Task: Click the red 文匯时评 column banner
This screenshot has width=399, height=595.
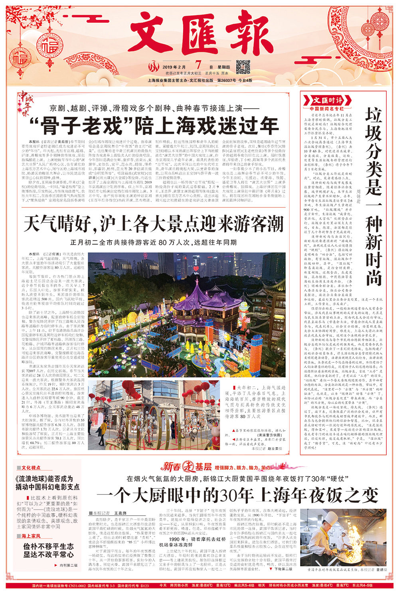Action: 327,100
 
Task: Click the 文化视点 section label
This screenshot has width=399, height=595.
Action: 31,468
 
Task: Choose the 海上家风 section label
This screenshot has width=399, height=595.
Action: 31,536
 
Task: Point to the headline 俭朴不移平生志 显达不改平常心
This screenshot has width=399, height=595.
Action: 48,550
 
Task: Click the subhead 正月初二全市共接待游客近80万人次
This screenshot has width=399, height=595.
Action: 153,242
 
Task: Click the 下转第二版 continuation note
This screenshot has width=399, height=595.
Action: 284,569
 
